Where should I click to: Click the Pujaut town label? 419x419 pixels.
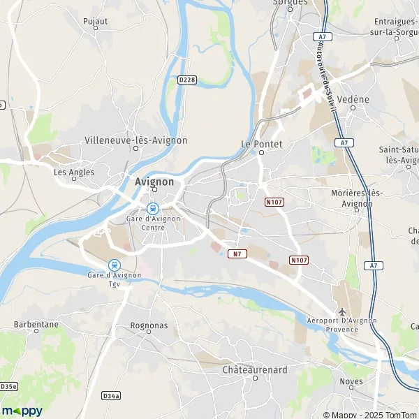coord(95,21)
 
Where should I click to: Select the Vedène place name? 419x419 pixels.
coord(353,99)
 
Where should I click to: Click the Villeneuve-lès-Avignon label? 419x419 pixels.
coord(135,140)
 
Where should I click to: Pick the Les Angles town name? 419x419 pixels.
coord(74,172)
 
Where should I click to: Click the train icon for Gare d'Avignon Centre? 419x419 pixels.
coord(152,208)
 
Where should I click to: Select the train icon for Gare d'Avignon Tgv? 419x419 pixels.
coord(114,265)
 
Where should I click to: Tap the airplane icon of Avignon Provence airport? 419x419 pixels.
coord(341,311)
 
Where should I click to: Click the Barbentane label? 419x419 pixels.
coord(36,325)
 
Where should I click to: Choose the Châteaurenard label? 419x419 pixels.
coord(255,369)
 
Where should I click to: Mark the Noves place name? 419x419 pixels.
coord(351,381)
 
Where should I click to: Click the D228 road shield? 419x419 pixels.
coord(186,80)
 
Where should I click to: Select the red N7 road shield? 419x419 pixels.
coord(239,253)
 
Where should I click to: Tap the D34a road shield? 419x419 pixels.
coord(111,395)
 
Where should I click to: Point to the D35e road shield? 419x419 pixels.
coord(8,386)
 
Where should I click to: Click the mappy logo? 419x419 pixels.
coord(22,411)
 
